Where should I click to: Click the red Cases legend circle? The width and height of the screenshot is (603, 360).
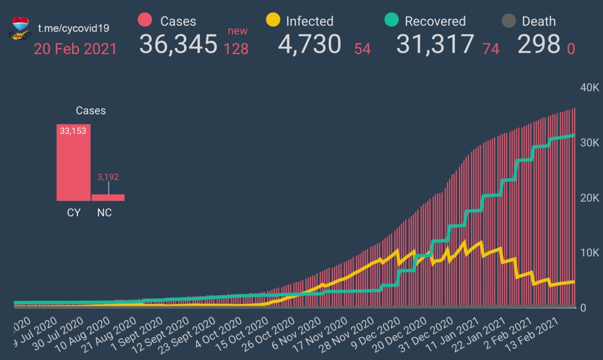[x=145, y=20]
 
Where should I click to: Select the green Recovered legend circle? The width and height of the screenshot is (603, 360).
[x=391, y=20]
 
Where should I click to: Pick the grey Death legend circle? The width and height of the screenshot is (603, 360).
[x=509, y=21]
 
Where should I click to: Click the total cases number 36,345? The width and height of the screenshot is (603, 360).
[x=179, y=44]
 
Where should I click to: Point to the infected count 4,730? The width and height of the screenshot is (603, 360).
[x=310, y=44]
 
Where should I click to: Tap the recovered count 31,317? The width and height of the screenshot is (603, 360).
[x=435, y=44]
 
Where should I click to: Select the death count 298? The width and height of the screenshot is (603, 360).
[x=539, y=45]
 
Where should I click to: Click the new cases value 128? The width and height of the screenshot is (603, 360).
[x=236, y=49]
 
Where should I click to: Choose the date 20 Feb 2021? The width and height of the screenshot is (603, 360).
[x=75, y=49]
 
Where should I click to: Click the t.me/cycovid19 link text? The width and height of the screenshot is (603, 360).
[x=73, y=28]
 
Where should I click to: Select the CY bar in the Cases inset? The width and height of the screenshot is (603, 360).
[x=73, y=163]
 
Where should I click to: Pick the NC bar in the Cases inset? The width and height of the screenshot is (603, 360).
[x=108, y=197]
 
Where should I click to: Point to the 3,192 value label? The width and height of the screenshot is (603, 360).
[x=108, y=177]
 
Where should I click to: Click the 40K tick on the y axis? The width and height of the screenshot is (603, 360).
[x=589, y=88]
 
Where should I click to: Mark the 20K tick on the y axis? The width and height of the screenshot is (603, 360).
[x=589, y=198]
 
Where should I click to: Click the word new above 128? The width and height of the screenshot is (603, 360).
[x=237, y=31]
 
